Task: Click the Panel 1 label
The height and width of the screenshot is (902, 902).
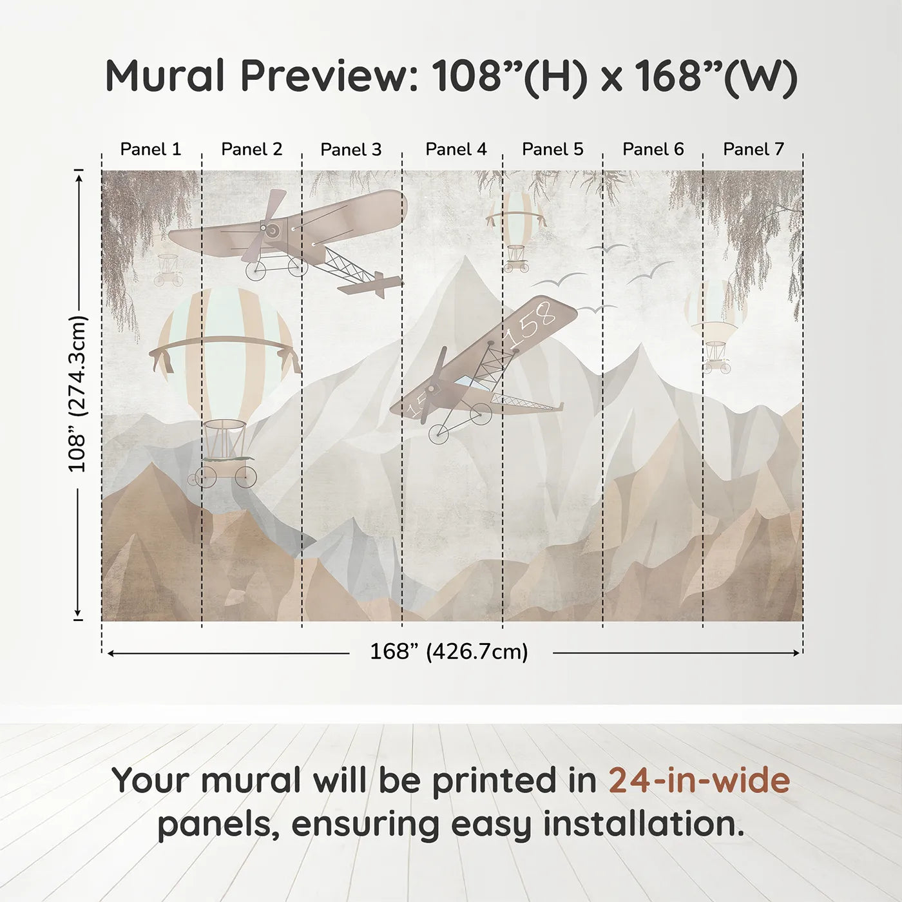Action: point(150,149)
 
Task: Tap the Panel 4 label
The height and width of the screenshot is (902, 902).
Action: point(456,149)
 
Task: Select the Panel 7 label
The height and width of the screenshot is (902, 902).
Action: point(753,149)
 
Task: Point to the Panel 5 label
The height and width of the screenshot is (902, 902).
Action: point(552,149)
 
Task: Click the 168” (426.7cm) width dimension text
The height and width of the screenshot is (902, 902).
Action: point(449,651)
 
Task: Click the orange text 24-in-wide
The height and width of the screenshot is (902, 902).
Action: point(699,780)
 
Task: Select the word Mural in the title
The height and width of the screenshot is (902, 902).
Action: point(165,76)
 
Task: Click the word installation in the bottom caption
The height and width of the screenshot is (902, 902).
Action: point(643,824)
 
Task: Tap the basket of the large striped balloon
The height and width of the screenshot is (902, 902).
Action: point(225,448)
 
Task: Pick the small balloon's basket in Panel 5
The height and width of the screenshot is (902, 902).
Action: point(516,258)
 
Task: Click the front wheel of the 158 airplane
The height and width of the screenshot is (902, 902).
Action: point(439,434)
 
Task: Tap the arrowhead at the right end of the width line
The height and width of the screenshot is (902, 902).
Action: point(797,653)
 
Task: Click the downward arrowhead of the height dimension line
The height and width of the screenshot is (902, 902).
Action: point(78,613)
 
